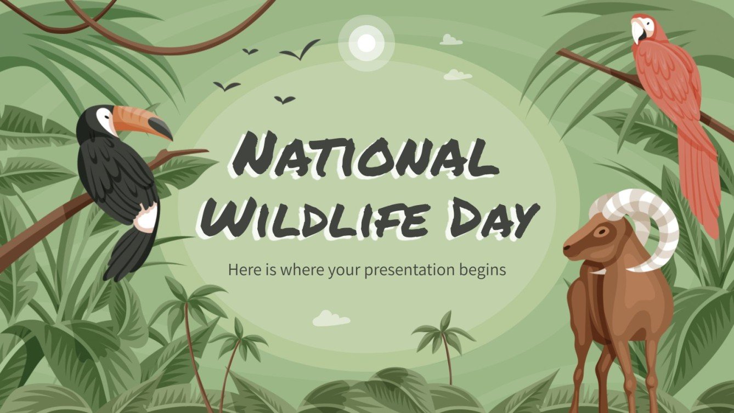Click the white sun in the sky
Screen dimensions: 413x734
[366, 42]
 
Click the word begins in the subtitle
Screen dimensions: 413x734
[483, 270]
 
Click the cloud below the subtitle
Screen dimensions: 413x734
[331, 319]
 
